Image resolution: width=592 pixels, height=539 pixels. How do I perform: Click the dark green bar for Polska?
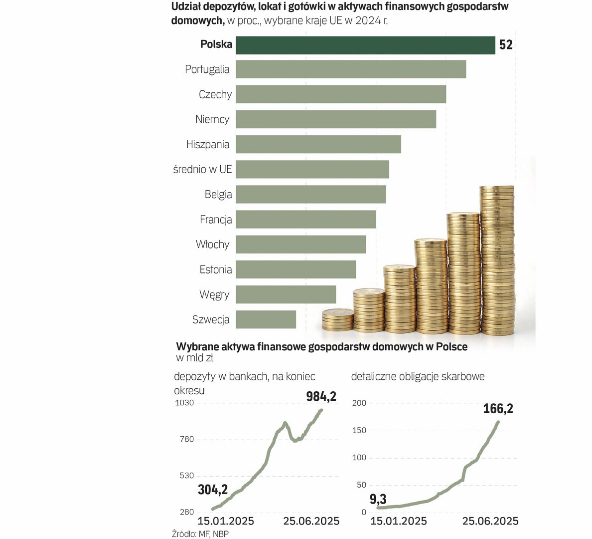tap(365, 45)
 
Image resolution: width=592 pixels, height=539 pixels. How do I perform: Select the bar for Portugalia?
tap(351, 69)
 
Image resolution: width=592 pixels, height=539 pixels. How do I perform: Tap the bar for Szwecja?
tap(266, 319)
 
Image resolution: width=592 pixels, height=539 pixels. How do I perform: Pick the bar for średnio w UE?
tap(312, 169)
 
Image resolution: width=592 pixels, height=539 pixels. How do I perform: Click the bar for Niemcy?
tap(336, 119)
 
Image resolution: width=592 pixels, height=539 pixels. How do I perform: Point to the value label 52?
tap(506, 45)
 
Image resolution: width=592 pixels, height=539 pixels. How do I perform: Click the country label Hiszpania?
tap(208, 145)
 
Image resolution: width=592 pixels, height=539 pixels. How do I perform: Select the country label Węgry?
tap(214, 294)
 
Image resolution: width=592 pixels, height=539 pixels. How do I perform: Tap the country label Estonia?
tap(216, 269)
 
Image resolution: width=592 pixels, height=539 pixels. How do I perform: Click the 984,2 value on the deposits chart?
tap(321, 397)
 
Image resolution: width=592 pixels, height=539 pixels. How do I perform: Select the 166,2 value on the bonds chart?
tap(498, 409)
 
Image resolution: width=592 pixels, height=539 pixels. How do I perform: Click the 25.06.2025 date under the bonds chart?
tap(490, 521)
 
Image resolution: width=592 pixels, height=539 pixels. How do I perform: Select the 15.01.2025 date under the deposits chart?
tap(226, 521)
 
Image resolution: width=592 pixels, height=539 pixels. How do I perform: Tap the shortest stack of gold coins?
tap(337, 319)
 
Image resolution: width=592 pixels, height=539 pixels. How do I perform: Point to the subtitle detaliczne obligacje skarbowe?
tap(418, 376)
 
